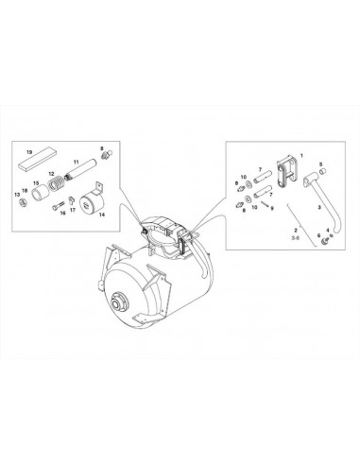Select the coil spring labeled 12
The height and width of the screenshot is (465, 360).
55,184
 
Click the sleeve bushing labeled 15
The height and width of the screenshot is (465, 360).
42,193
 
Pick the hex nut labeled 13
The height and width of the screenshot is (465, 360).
23,202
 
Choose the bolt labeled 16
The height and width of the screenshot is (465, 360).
59,206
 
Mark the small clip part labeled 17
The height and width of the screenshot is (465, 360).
71,199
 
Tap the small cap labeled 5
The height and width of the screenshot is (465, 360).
322,171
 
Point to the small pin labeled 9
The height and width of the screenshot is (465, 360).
265,204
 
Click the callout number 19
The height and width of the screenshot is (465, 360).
29,152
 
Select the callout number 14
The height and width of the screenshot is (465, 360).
101,215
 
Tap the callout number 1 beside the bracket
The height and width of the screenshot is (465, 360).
301,155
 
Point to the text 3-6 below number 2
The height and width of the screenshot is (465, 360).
296,238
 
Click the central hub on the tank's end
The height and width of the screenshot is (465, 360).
120,302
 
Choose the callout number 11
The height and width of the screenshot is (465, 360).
76,162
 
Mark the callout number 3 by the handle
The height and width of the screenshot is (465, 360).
319,207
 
